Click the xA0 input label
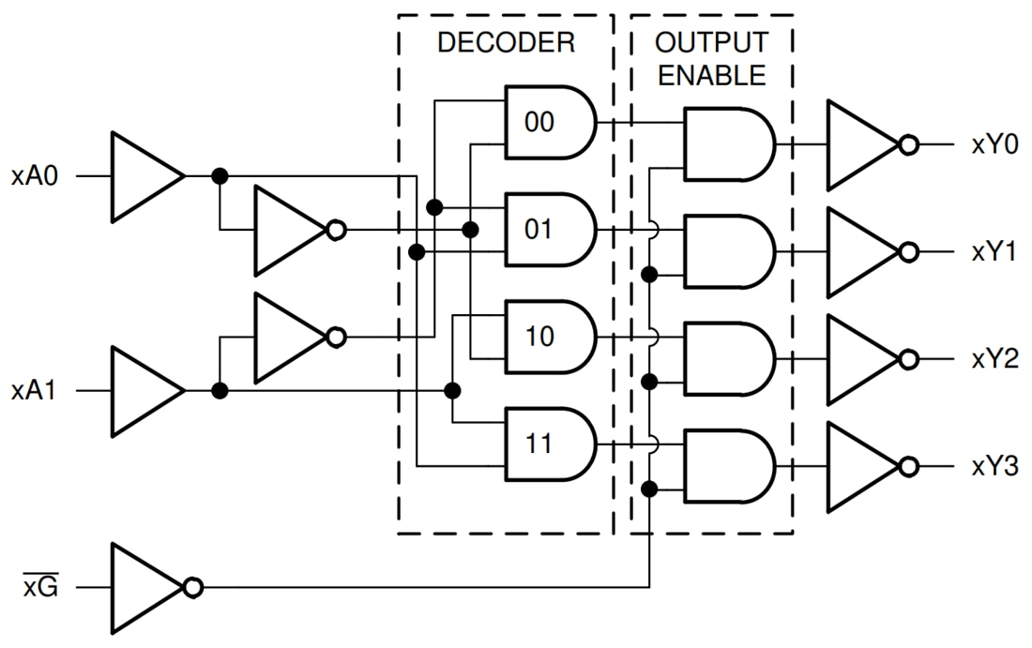(35, 175)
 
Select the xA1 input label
(35, 391)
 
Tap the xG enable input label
(40, 588)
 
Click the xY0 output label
(995, 145)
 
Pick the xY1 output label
(995, 252)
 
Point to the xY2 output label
(995, 360)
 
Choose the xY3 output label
(995, 467)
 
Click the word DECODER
(505, 43)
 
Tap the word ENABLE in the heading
(711, 76)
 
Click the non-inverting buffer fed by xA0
(143, 176)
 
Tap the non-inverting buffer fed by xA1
(143, 391)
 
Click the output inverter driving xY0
(861, 145)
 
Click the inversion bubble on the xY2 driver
(907, 360)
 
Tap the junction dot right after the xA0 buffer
(220, 176)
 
